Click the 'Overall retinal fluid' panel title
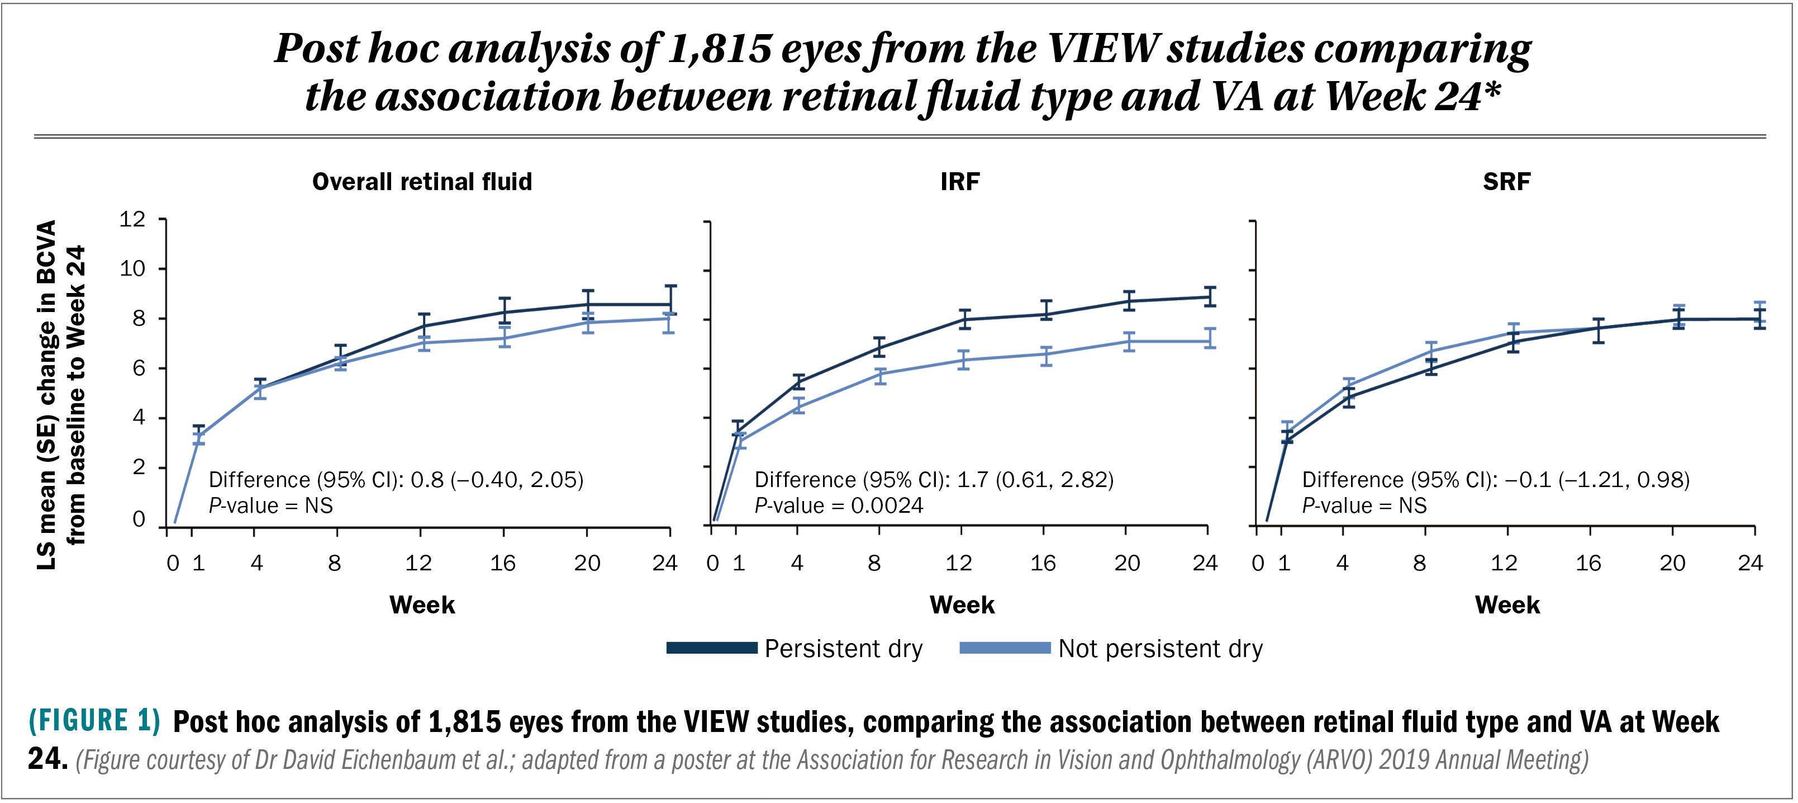[422, 182]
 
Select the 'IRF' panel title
[960, 182]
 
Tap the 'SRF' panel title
[1506, 182]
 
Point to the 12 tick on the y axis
[132, 219]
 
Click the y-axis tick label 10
[132, 269]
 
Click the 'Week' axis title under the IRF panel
[962, 604]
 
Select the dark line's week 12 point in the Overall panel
[421, 325]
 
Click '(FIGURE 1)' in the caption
[94, 720]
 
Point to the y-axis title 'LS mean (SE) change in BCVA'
[46, 395]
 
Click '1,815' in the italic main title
[719, 49]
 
